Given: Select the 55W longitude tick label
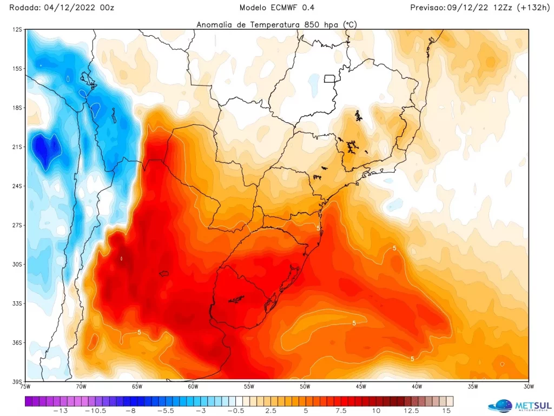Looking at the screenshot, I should (249, 387).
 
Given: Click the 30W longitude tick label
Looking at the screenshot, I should (529, 387).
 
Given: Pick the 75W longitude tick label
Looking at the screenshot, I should (25, 387).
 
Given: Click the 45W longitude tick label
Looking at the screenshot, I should (361, 387).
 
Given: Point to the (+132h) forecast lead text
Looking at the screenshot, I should (525, 8).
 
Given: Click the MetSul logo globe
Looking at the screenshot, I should (499, 405).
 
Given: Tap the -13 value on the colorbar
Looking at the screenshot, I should (63, 411).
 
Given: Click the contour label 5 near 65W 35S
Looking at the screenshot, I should (139, 332).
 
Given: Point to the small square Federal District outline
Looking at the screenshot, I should (329, 78).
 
